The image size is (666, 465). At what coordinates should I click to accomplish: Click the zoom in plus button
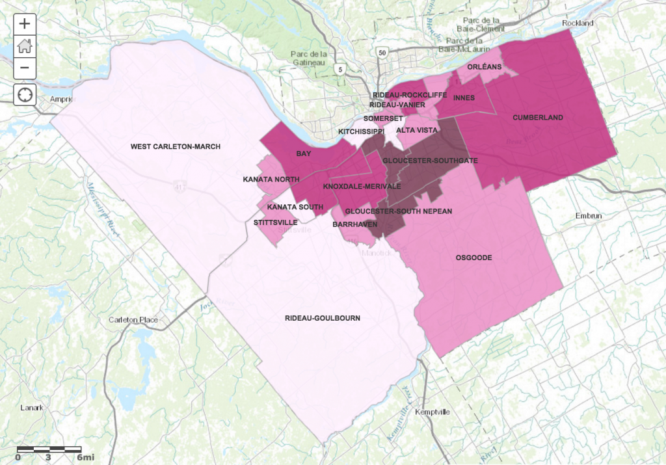tap(25, 24)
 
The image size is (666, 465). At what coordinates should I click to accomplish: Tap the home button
tap(25, 46)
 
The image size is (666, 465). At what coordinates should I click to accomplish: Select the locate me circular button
tap(25, 94)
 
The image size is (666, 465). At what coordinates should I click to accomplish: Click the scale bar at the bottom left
tap(49, 449)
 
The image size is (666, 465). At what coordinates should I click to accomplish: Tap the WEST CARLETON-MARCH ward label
tap(176, 146)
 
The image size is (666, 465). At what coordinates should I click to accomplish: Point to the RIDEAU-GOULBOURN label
tap(323, 318)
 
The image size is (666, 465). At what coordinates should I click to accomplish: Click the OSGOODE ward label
tap(473, 258)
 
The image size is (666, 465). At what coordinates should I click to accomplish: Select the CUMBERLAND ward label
tap(537, 118)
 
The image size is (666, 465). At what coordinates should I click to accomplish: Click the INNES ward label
tap(464, 98)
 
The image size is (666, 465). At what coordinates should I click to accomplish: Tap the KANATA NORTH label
tap(271, 179)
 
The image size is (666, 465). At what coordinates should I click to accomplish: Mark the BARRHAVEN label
tap(351, 224)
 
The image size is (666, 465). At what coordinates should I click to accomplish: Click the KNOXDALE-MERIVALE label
tap(362, 186)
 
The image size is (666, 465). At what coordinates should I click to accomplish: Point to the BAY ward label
tap(302, 153)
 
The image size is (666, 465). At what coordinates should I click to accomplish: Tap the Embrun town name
tap(589, 216)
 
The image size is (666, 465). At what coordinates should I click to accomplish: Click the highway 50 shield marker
tap(382, 52)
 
